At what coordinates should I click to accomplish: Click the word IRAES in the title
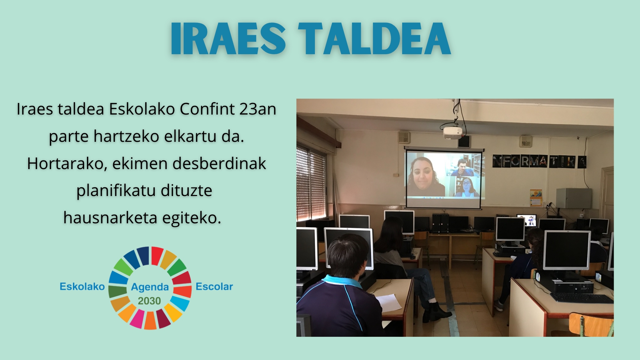click(228, 39)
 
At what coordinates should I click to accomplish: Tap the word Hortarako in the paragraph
click(67, 164)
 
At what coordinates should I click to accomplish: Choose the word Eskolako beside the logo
click(82, 286)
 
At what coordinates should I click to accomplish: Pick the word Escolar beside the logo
click(214, 286)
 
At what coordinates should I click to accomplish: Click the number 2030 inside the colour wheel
click(149, 301)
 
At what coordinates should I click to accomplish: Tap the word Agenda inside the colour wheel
click(150, 287)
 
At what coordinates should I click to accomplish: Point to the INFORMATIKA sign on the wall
click(539, 161)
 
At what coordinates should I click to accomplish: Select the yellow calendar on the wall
click(536, 198)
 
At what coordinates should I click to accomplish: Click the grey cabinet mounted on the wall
click(574, 198)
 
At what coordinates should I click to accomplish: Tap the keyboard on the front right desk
click(582, 298)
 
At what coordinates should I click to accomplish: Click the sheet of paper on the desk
click(389, 302)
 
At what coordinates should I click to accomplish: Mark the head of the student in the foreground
click(348, 255)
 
